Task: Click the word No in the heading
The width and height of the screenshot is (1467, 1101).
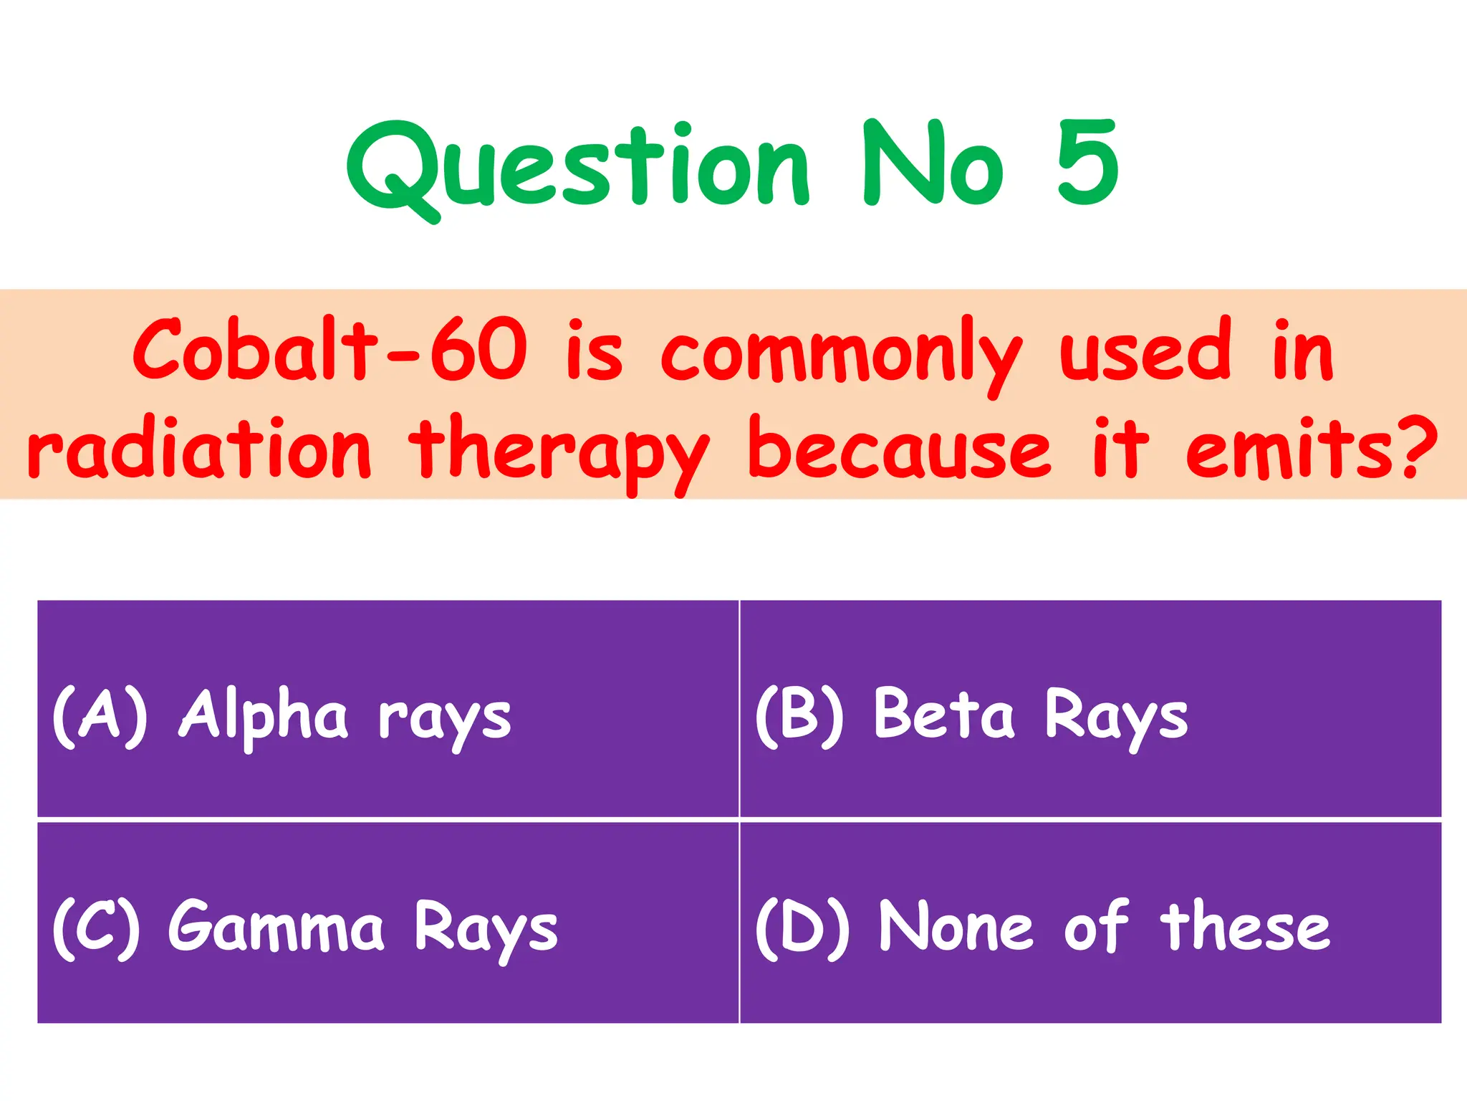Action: click(933, 163)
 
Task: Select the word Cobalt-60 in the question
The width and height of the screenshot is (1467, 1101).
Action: click(330, 350)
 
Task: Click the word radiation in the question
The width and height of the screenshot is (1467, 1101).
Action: click(199, 448)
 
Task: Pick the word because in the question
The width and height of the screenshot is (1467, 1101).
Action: click(899, 448)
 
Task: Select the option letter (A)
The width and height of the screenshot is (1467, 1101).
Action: click(100, 716)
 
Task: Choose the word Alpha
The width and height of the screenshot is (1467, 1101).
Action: click(264, 716)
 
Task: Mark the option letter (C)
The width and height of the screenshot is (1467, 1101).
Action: click(97, 928)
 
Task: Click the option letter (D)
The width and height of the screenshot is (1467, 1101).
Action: click(803, 928)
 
